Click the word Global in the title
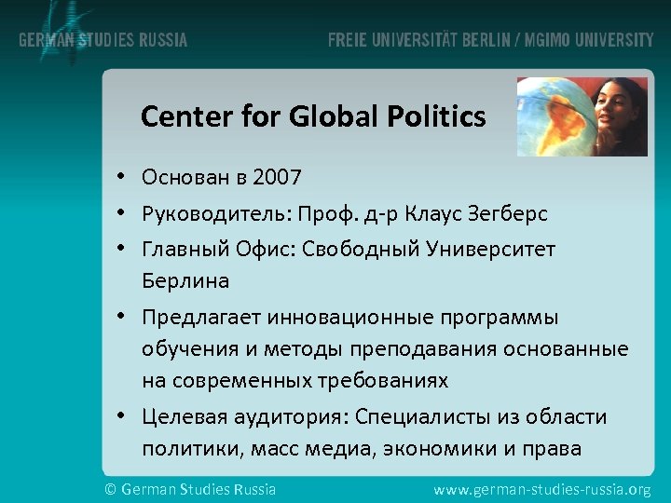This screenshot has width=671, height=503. coord(323,116)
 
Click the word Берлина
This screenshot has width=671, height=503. coord(185,280)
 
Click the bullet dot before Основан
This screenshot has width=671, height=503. coord(122,177)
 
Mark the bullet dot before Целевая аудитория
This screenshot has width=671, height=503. coord(122,417)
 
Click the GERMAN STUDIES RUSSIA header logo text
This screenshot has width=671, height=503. coord(103,40)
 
